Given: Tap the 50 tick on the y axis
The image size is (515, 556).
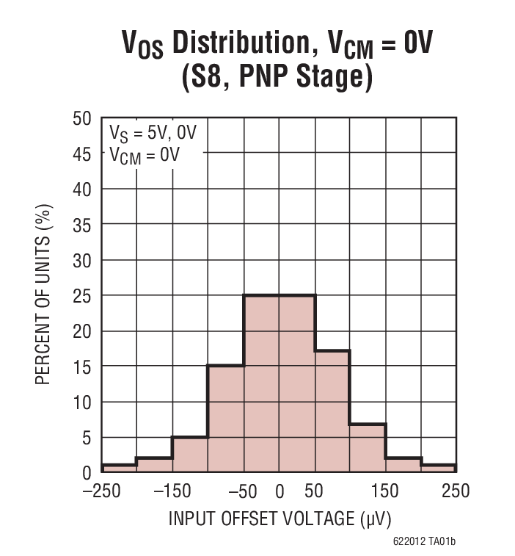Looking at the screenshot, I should pos(82,118).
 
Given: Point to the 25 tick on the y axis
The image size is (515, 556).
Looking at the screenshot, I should pos(82,296).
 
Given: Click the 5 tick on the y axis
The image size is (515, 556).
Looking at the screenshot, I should pos(87,438).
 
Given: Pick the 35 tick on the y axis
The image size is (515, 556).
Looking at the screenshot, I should pos(82,225).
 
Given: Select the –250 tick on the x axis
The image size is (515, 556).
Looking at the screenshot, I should pos(101,491).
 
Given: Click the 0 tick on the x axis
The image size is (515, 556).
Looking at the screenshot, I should pos(280,491).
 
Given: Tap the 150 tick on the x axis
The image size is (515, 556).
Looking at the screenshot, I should pos(386,491).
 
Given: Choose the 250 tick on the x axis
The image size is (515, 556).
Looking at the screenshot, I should pos(456,491).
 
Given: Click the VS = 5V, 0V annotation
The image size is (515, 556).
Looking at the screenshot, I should pos(153,134).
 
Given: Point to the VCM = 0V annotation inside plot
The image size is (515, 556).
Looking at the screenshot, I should pos(145,154).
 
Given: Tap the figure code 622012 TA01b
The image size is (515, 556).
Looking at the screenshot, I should pos(423,542).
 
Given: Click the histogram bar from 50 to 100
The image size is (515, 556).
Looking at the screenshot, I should pos(332,411).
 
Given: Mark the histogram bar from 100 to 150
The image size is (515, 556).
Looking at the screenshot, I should pos(368,448).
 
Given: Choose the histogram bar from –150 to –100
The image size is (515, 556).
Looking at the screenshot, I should pos(190,455).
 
